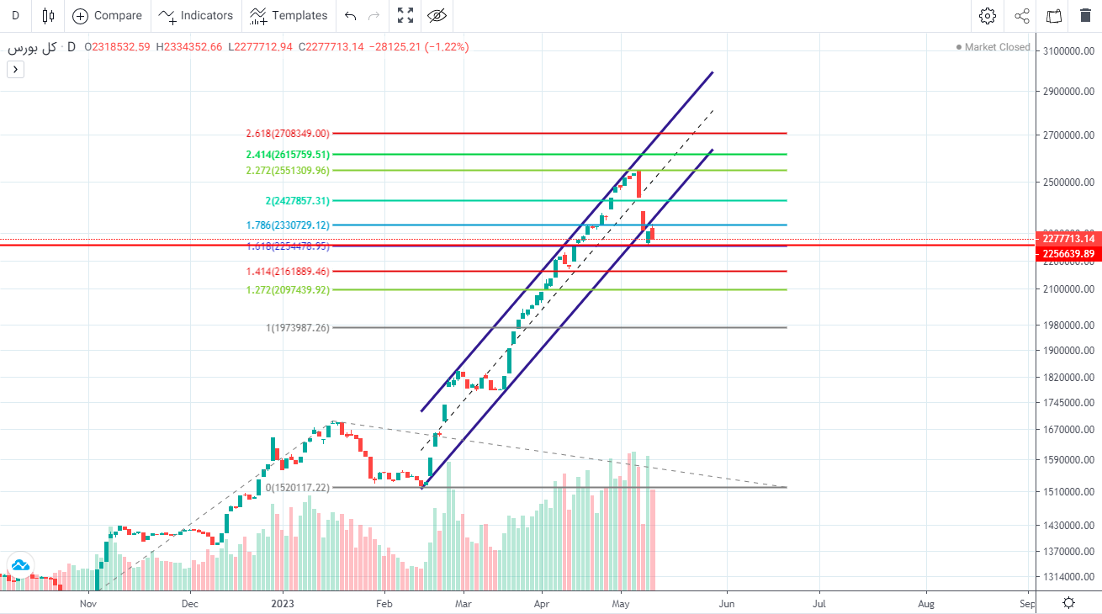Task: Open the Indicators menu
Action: click(196, 15)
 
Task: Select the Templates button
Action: click(289, 15)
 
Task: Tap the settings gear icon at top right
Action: click(988, 15)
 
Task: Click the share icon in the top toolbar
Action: click(1022, 15)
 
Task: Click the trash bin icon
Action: click(1085, 15)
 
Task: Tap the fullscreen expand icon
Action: click(405, 15)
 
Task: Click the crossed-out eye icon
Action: click(437, 15)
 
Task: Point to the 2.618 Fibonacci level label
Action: click(287, 133)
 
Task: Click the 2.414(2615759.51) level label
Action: click(287, 154)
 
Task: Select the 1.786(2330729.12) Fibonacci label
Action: click(287, 225)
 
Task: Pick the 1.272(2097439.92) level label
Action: click(287, 289)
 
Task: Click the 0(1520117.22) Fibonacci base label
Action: click(298, 487)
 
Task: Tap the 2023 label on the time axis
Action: click(283, 603)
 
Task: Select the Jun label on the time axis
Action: click(726, 603)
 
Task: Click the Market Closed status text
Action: click(997, 47)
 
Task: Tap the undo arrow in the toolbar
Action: click(351, 15)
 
